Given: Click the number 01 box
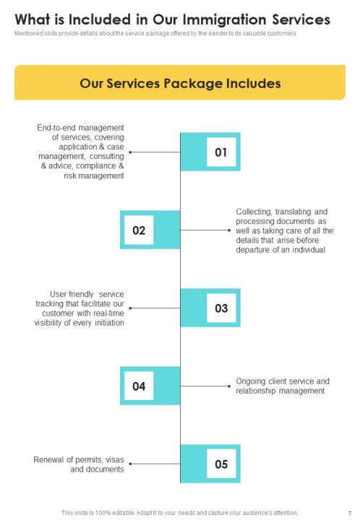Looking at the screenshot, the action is click(221, 152).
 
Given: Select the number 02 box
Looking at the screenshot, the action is click(139, 230).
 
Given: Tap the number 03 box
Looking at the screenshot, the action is click(221, 308).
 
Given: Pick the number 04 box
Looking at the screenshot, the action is click(139, 386).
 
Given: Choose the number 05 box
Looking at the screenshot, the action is click(221, 464).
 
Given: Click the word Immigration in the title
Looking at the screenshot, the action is click(225, 20).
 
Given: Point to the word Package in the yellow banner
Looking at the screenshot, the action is click(194, 84).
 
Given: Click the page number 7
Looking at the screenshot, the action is click(350, 513).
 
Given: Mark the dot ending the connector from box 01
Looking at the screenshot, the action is click(130, 152).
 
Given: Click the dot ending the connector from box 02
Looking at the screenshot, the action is click(229, 230).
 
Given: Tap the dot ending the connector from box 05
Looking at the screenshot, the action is click(130, 464).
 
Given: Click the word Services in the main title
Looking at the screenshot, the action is click(301, 20).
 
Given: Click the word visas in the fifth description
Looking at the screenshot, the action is click(115, 459).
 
